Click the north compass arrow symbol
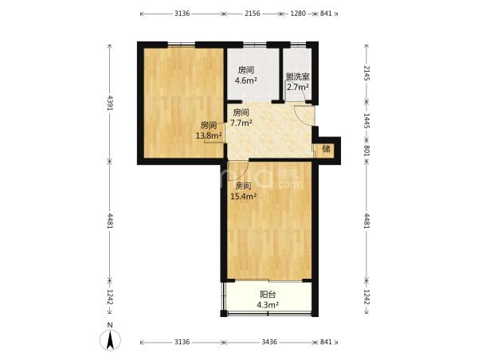point(110,340)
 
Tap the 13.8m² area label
point(209,136)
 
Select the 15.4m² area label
point(243,196)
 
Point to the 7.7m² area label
point(241,123)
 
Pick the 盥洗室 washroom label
point(298,76)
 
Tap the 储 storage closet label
point(326,149)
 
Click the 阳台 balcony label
point(268,295)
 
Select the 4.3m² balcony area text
point(268,305)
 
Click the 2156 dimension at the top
point(253,14)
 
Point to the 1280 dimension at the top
point(297,14)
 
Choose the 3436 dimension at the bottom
point(269,342)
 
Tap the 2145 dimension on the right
point(366,72)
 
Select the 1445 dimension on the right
point(366,121)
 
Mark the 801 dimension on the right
point(366,151)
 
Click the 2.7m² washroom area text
point(297,87)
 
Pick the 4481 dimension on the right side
point(366,221)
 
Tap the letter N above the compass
point(110,325)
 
